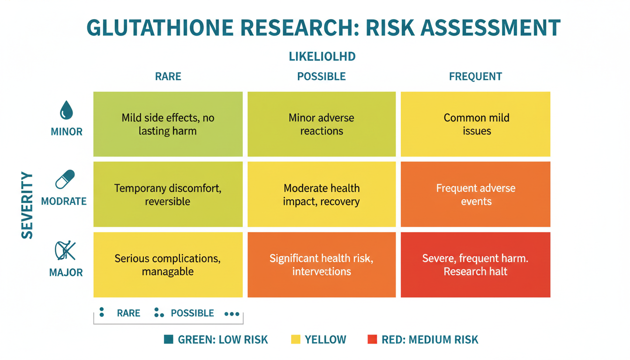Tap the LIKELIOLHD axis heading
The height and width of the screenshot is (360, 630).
(x=322, y=57)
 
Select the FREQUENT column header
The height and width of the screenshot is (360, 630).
(x=475, y=76)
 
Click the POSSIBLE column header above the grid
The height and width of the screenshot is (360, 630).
(x=322, y=76)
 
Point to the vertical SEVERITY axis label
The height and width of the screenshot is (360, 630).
(x=28, y=205)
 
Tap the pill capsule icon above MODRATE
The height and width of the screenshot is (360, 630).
(x=65, y=180)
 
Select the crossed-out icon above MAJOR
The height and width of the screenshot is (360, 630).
(x=65, y=251)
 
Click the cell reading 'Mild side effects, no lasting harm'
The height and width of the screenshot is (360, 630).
(x=168, y=124)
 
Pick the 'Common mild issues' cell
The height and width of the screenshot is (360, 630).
(x=475, y=124)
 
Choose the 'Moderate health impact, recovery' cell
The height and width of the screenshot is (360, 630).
(x=322, y=195)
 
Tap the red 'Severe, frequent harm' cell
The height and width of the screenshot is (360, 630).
(x=475, y=265)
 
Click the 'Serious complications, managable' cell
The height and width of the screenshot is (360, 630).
(x=168, y=265)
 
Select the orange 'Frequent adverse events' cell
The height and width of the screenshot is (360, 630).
(x=475, y=195)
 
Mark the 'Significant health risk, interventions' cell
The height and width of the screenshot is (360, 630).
(x=322, y=265)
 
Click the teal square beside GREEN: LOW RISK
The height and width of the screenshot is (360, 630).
(x=169, y=339)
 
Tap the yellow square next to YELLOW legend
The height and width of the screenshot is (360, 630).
(x=295, y=339)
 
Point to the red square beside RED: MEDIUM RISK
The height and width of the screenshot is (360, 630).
(x=372, y=339)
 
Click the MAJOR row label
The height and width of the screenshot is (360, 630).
(x=66, y=272)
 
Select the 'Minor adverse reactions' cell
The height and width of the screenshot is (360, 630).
(x=322, y=124)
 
